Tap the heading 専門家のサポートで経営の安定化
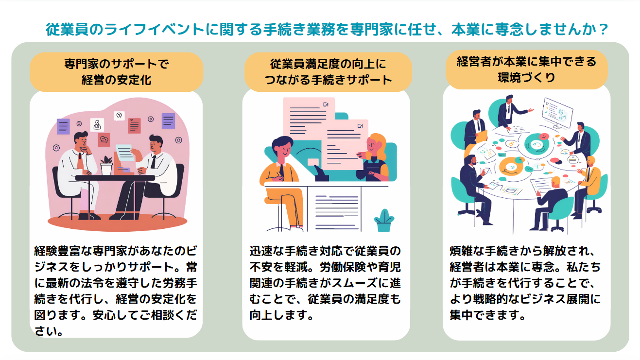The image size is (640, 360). pos(116,71)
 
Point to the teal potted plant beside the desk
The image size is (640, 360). pos(384,221)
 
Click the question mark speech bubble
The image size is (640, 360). pos(119,116)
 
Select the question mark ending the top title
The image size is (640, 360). pos(603,30)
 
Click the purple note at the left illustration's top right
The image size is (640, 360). pos(168,120)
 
